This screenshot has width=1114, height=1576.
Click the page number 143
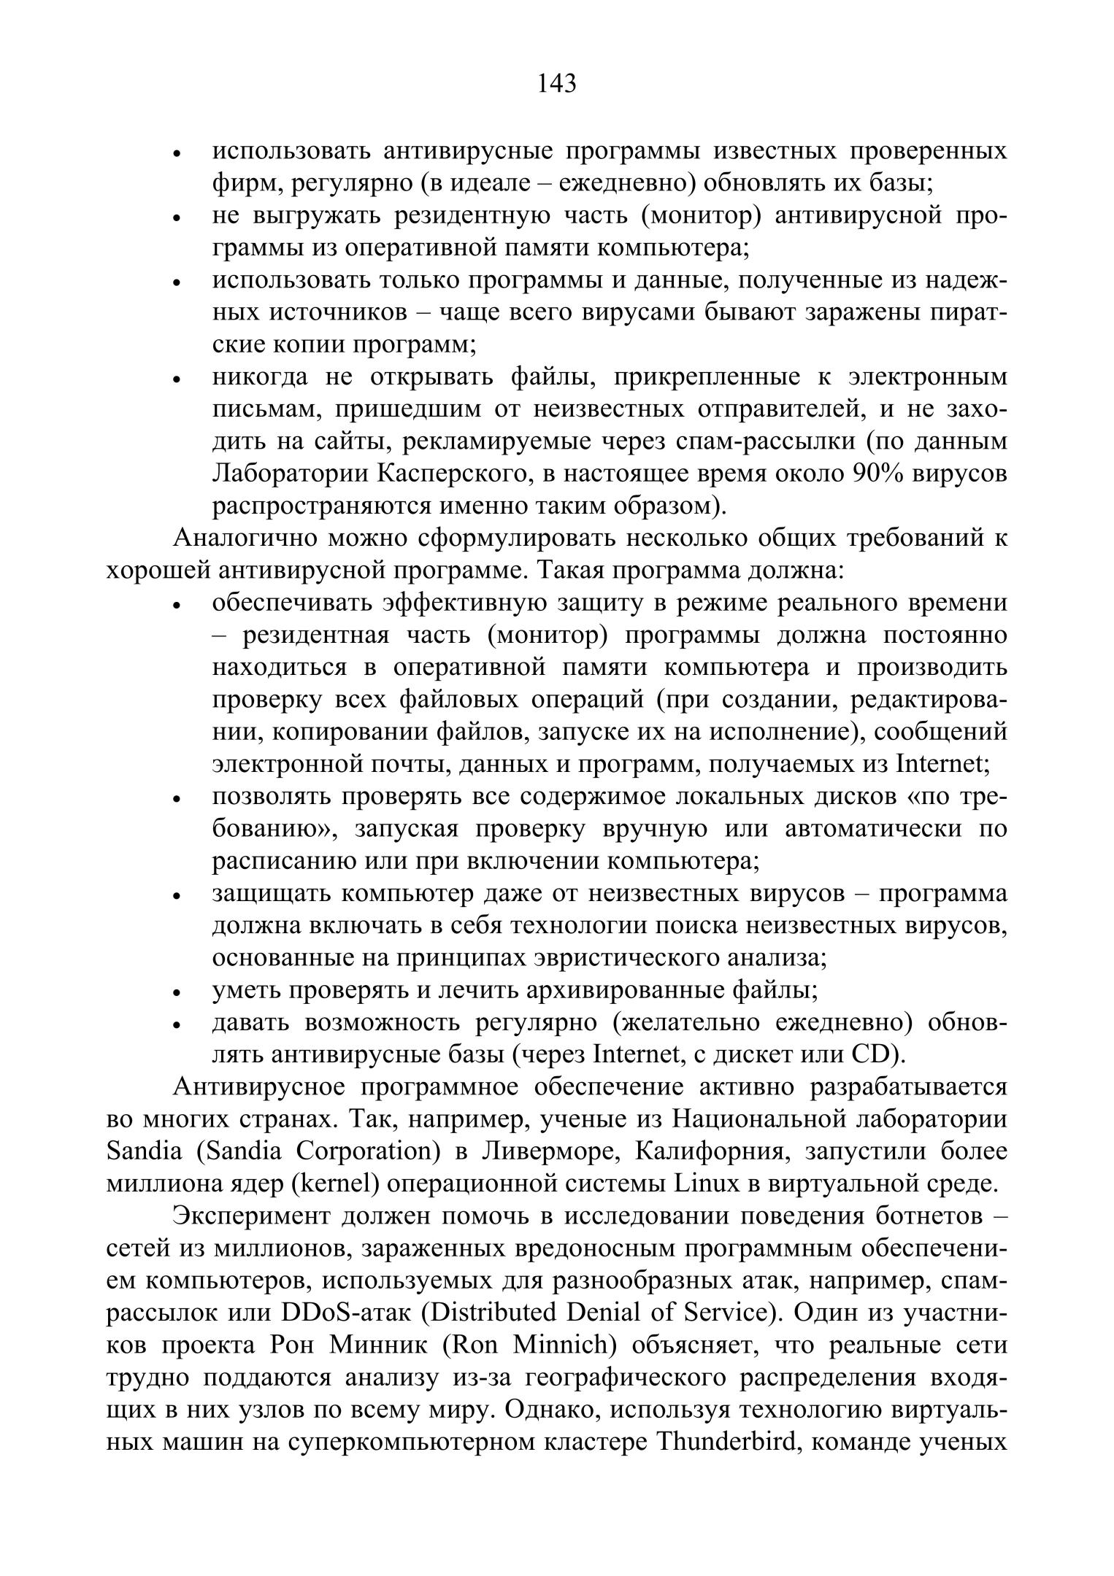pyautogui.click(x=556, y=84)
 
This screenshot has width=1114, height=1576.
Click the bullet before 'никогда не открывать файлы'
pyautogui.click(x=176, y=379)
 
